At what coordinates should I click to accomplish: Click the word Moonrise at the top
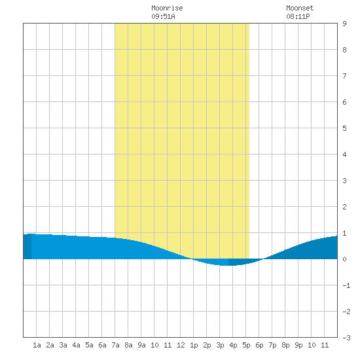point(167,8)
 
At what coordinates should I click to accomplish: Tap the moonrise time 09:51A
point(163,16)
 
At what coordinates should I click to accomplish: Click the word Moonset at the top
point(300,8)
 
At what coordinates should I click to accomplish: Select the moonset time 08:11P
point(298,16)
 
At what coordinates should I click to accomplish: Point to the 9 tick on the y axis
point(344,24)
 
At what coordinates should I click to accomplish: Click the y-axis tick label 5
point(344,128)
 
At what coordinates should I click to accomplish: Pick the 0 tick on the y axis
point(344,259)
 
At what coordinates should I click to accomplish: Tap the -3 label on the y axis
point(346,338)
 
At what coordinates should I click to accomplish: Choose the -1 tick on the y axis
point(346,285)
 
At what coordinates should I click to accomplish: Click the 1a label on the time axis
point(37,345)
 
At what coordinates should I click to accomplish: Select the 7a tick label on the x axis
point(115,345)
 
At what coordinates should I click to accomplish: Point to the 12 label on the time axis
point(181,345)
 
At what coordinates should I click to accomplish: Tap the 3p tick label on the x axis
point(220,345)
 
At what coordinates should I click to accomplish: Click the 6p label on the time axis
point(259,345)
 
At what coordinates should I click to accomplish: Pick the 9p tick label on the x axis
point(298,345)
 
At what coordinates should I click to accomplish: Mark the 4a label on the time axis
point(76,345)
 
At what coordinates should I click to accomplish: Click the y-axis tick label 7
point(344,76)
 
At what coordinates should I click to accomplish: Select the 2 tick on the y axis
point(344,207)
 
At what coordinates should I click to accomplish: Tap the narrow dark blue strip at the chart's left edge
point(27,246)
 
